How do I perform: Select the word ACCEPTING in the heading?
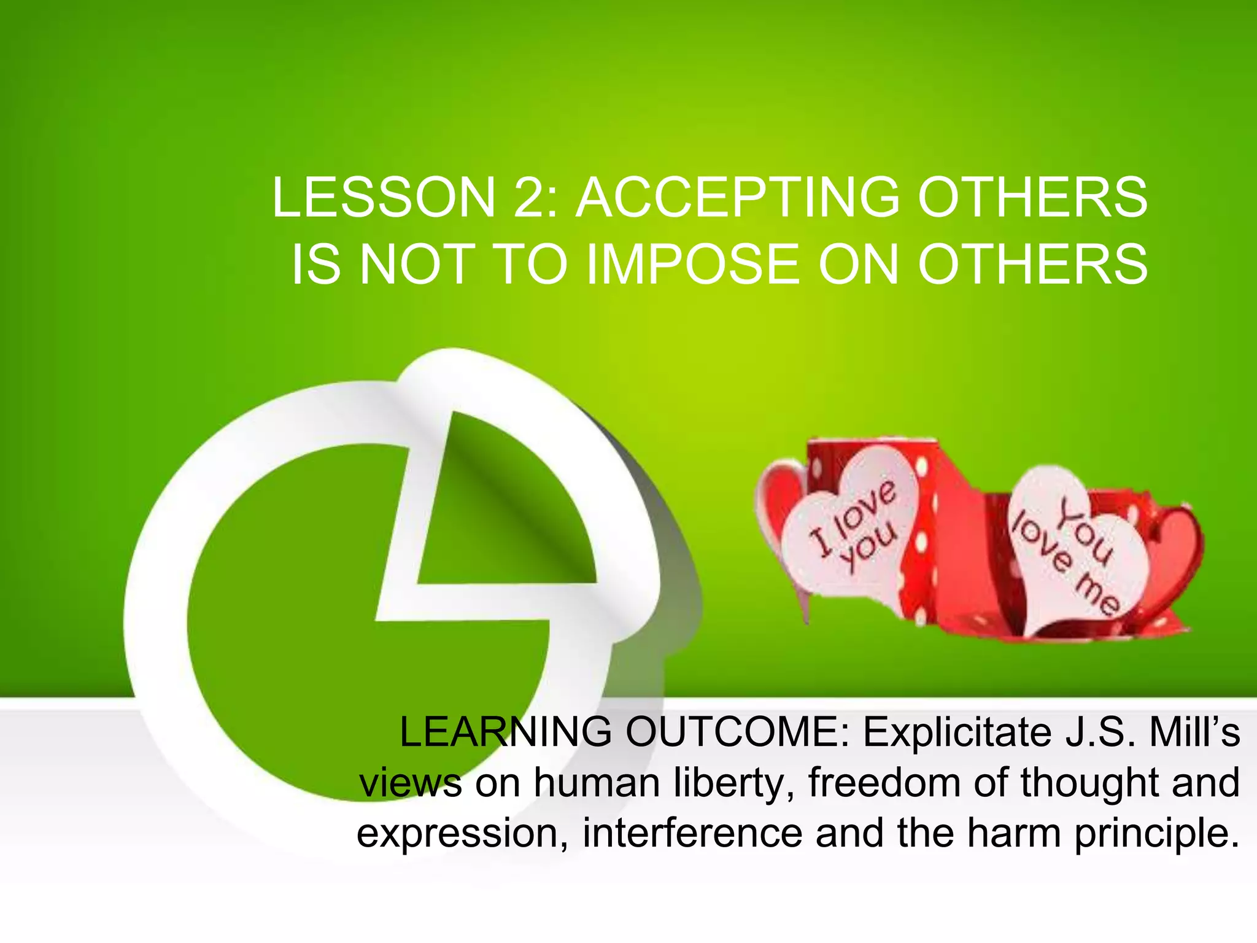737,198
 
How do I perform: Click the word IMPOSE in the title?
694,265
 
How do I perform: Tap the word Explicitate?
957,732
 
